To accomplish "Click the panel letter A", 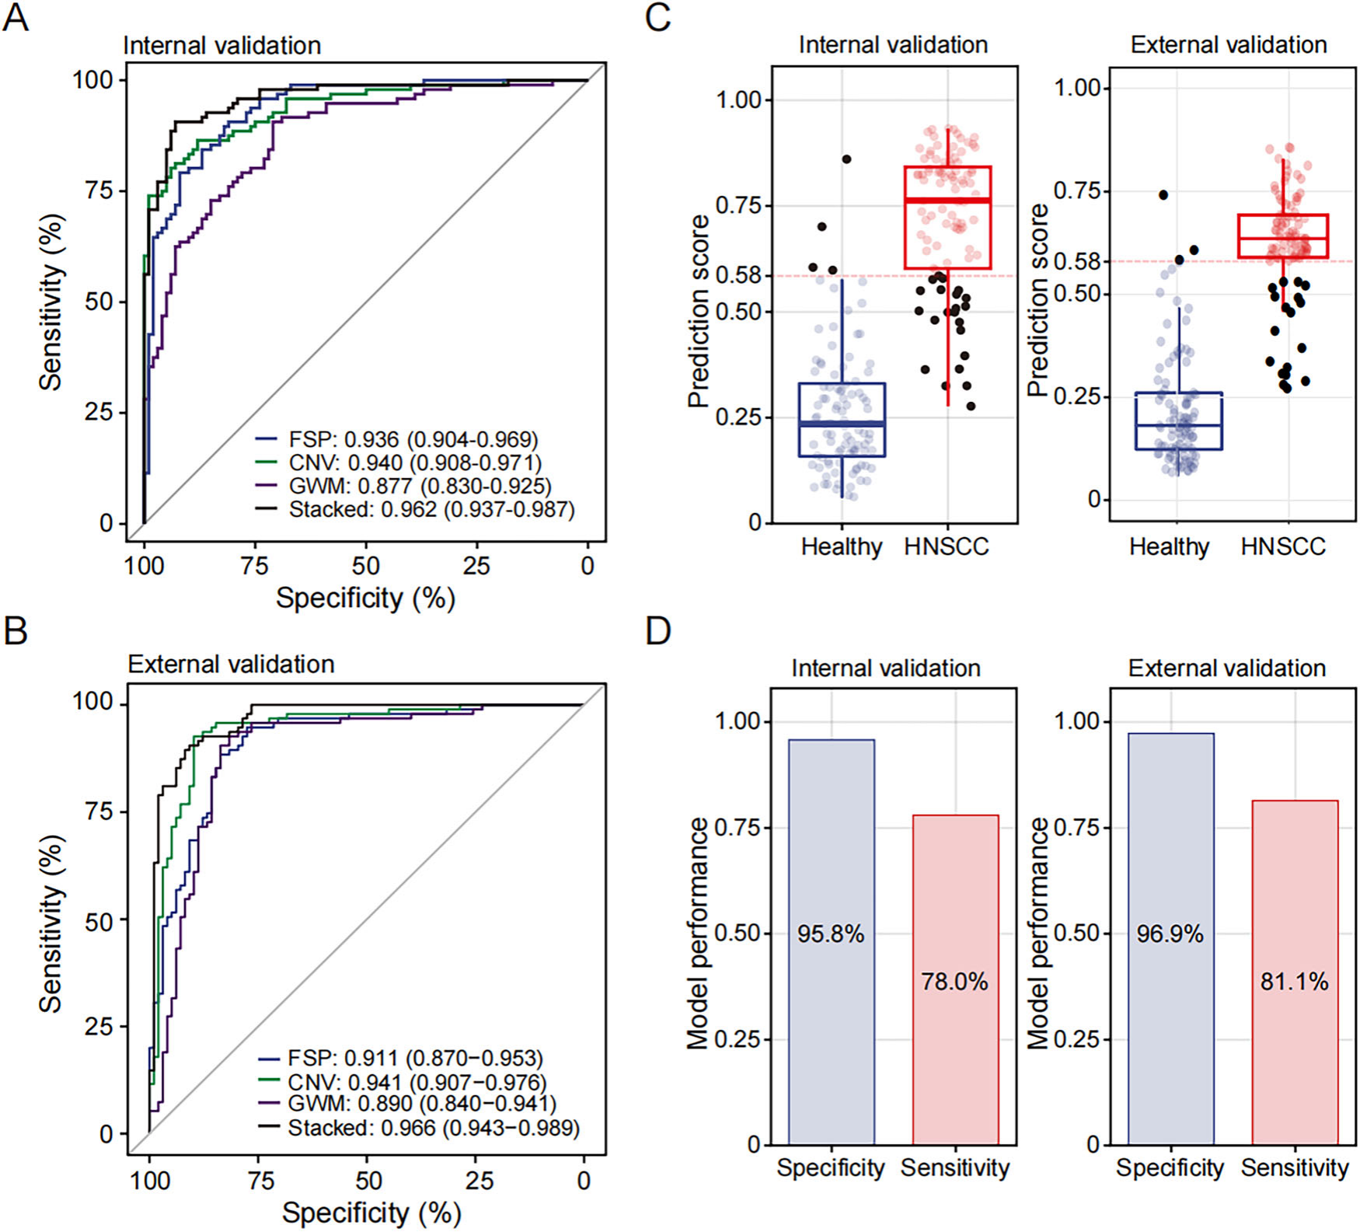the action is [16, 17].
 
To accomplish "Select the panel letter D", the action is [657, 631].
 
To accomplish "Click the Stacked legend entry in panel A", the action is [416, 510].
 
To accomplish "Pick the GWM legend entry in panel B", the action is [406, 1104].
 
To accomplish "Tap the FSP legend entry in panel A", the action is [397, 440].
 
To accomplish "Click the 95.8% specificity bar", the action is [831, 942].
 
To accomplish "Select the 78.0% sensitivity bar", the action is [955, 980].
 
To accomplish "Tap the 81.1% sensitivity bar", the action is [1295, 973].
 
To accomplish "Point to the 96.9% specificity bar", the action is [1170, 939].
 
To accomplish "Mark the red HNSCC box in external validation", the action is [1283, 236].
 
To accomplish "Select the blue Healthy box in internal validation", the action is [842, 420].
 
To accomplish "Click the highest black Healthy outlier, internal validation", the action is [846, 159].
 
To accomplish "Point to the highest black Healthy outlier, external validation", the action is [1163, 195].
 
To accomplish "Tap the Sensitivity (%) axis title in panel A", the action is [51, 302].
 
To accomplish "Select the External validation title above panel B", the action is [232, 665].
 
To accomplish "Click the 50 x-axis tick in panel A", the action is [366, 566].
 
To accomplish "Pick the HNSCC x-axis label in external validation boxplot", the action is [1283, 547].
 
